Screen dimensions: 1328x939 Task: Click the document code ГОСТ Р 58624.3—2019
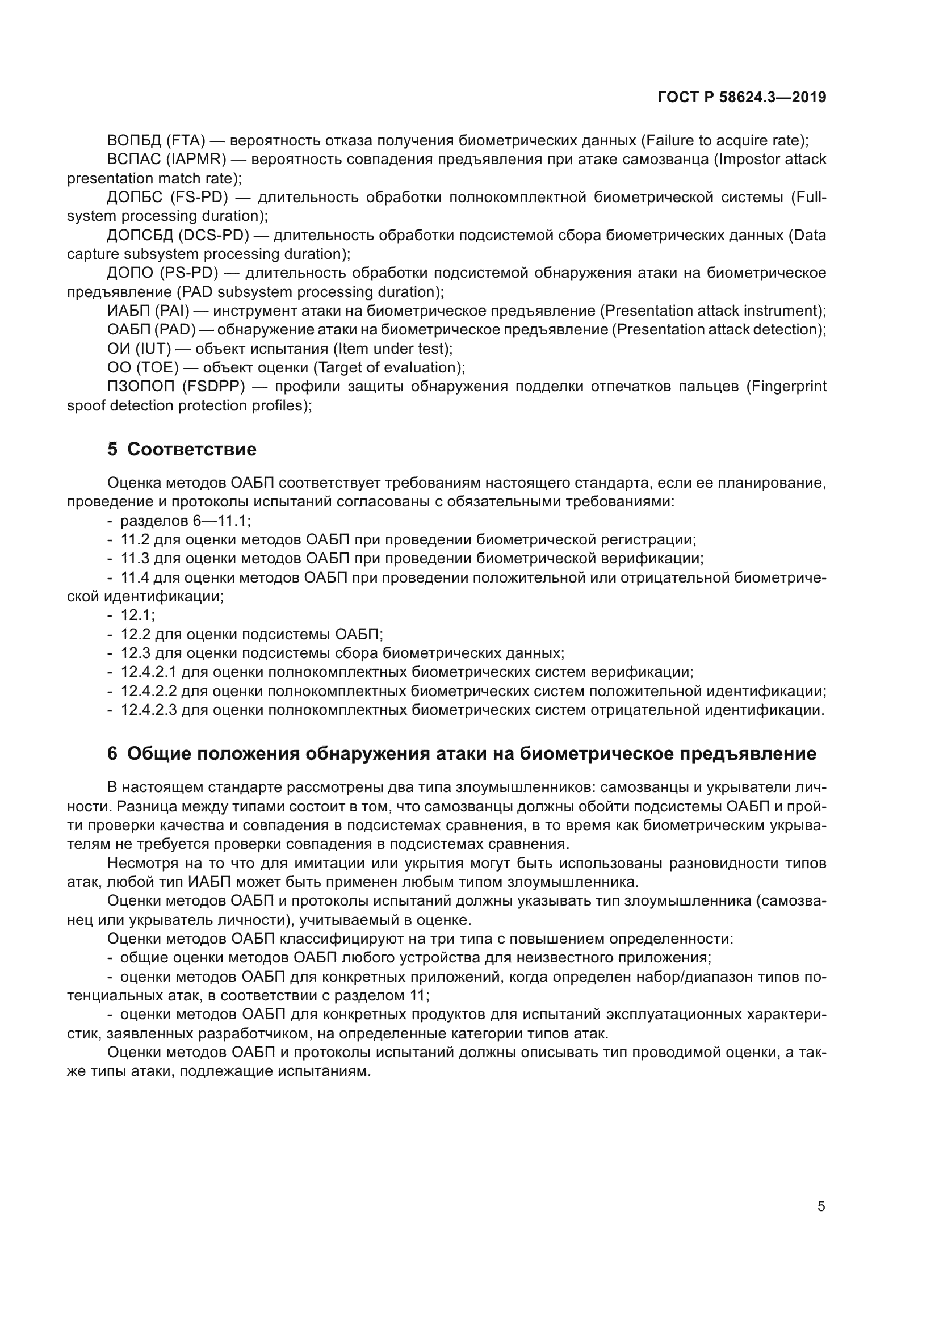[742, 97]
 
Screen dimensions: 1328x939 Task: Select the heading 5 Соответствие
[182, 450]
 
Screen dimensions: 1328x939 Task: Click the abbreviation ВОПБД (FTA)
[156, 141]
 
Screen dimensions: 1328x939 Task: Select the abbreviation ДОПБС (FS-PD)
[167, 197]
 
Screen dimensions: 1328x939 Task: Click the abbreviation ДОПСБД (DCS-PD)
[178, 236]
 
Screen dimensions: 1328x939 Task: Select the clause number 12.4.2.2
[148, 691]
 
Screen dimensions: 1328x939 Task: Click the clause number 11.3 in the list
[133, 558]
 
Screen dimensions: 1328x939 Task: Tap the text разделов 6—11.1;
[185, 521]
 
